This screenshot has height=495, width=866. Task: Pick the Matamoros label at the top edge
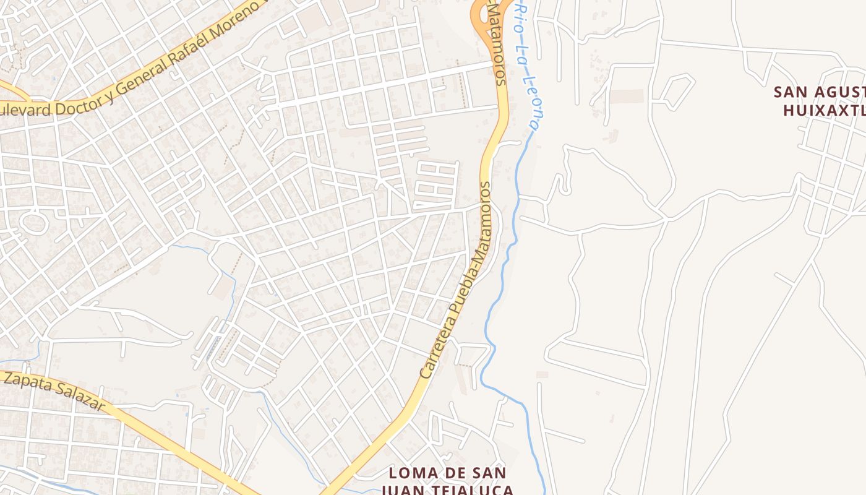[497, 43]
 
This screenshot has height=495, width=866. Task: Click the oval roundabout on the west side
[33, 223]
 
